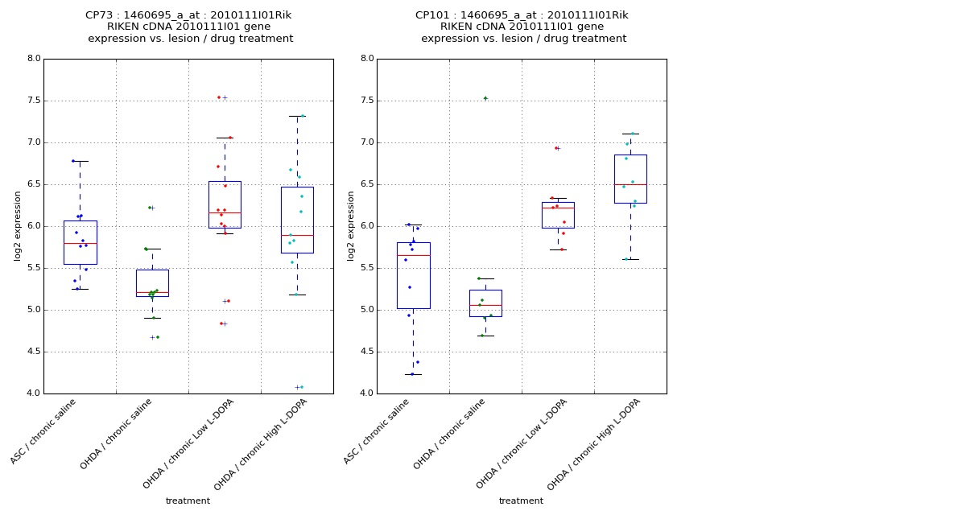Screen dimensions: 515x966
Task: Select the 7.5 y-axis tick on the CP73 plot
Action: pyautogui.click(x=33, y=101)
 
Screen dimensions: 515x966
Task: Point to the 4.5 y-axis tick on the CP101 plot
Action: pyautogui.click(x=366, y=352)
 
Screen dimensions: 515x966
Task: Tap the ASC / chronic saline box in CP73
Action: pyautogui.click(x=80, y=242)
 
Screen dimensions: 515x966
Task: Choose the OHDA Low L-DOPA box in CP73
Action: pyautogui.click(x=225, y=204)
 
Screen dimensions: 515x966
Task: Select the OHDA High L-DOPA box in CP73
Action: pyautogui.click(x=297, y=220)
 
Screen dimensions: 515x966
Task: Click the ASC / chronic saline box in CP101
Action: pyautogui.click(x=413, y=275)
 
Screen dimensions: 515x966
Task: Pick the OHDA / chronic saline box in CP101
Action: pyautogui.click(x=485, y=303)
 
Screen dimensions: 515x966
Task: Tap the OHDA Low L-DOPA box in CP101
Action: pyautogui.click(x=558, y=215)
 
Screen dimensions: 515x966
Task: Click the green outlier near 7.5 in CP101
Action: pyautogui.click(x=485, y=98)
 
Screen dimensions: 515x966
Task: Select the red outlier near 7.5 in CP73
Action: pyautogui.click(x=218, y=97)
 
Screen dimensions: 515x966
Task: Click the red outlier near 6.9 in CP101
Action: pyautogui.click(x=555, y=148)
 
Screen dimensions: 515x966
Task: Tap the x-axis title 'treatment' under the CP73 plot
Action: pyautogui.click(x=188, y=501)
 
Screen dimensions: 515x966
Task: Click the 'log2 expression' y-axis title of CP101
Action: pyautogui.click(x=351, y=225)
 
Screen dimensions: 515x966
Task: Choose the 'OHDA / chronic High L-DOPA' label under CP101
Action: pyautogui.click(x=595, y=444)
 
